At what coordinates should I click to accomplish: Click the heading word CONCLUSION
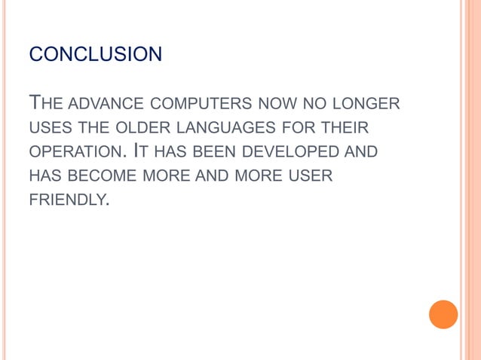(95, 55)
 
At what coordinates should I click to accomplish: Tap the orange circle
(443, 314)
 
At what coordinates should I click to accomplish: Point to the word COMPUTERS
(197, 102)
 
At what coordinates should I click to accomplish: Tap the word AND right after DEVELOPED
(360, 152)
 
